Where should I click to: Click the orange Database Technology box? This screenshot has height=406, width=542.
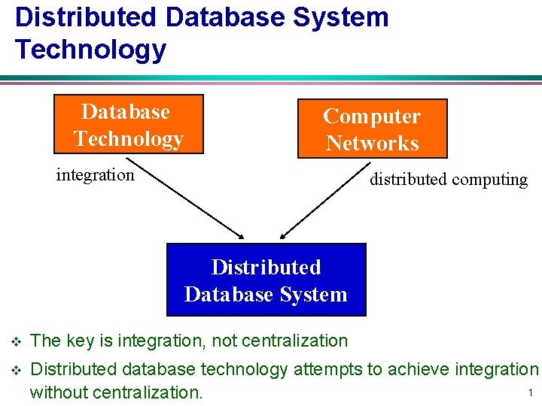point(129,124)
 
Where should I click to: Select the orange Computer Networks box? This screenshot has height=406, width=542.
point(372,129)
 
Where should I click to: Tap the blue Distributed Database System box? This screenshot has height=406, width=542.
point(266,280)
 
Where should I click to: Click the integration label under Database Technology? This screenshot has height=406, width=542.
point(96,175)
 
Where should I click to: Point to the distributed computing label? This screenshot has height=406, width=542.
point(449,179)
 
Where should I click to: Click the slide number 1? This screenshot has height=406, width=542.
point(530,392)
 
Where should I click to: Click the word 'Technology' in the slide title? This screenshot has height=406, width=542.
point(90,49)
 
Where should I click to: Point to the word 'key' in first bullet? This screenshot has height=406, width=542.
point(82,341)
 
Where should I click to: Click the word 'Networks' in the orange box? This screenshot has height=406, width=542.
point(372,143)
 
